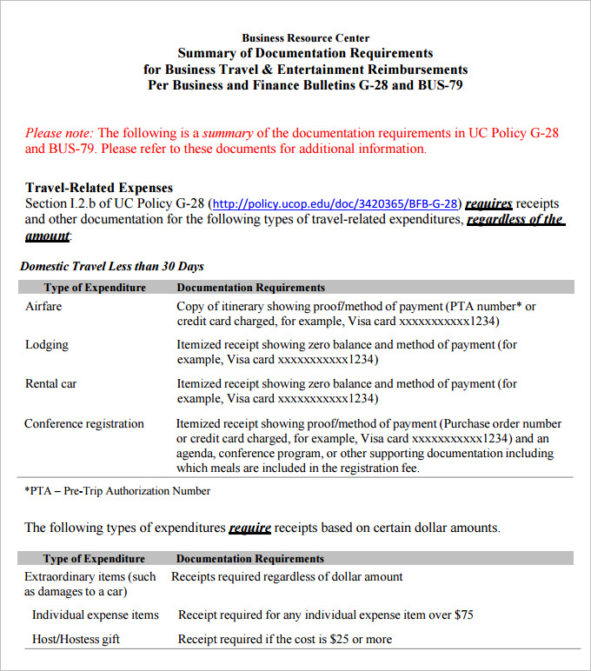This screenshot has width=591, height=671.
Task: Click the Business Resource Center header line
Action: click(x=305, y=37)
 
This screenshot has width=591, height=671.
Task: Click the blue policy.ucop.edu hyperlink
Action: click(x=335, y=204)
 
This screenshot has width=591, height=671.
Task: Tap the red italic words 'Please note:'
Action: click(x=59, y=133)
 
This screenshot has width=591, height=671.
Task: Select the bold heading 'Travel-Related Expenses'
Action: click(x=99, y=188)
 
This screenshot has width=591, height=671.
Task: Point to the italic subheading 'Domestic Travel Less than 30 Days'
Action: click(x=112, y=266)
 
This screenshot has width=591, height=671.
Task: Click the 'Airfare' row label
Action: click(x=43, y=307)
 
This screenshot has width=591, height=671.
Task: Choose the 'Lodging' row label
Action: click(x=47, y=345)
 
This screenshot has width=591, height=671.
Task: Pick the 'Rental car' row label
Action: click(x=51, y=383)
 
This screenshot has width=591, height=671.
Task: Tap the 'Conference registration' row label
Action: click(x=84, y=424)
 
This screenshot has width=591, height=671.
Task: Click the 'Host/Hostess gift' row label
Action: click(x=76, y=639)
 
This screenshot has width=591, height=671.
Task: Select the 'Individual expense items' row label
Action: click(x=96, y=615)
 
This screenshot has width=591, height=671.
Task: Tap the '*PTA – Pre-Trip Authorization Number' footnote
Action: click(x=117, y=491)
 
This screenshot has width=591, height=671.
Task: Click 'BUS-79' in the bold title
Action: click(x=440, y=85)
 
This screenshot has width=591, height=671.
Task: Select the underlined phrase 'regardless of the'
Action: click(x=515, y=220)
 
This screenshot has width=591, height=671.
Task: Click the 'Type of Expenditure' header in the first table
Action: click(x=95, y=287)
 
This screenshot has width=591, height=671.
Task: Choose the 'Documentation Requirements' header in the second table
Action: click(x=250, y=559)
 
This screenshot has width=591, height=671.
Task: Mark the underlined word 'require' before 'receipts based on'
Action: click(x=249, y=528)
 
